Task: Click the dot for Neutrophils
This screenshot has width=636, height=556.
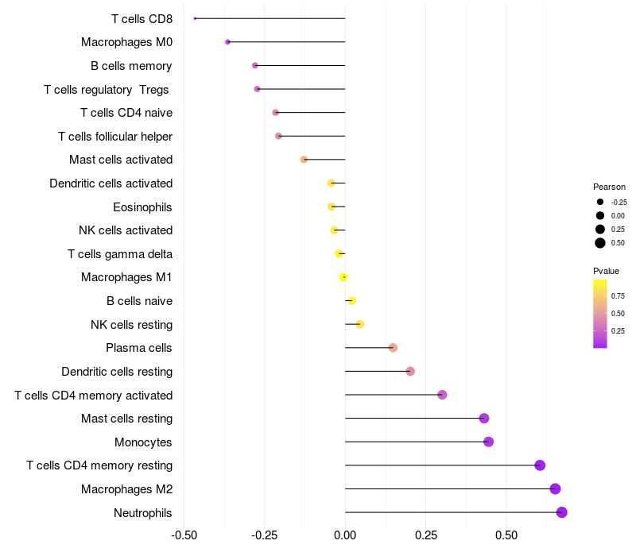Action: [x=561, y=512]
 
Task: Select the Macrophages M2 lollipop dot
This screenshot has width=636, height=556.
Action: [x=555, y=488]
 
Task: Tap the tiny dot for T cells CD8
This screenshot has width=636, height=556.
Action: [x=195, y=18]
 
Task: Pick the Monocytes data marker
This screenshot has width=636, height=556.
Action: [x=488, y=442]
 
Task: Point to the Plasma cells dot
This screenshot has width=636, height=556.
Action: [x=393, y=348]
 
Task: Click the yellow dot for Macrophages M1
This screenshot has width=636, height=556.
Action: [x=343, y=277]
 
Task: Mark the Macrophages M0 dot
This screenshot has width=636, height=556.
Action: [x=227, y=42]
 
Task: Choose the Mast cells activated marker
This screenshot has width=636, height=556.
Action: [x=304, y=160]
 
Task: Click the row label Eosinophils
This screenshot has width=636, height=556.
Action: [x=143, y=207]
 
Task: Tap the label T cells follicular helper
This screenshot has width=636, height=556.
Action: [x=115, y=137]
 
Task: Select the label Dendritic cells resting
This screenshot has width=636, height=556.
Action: [x=117, y=372]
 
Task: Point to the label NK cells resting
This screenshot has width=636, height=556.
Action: [x=132, y=325]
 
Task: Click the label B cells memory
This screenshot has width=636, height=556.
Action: [x=131, y=66]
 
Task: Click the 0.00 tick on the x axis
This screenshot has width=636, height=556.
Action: [x=345, y=535]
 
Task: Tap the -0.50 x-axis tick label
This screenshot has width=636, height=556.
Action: [x=184, y=535]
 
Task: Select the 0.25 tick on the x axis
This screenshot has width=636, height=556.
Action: [x=425, y=535]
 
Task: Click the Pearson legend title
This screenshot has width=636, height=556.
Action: [x=609, y=187]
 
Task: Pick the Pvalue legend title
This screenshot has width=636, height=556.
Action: [x=606, y=271]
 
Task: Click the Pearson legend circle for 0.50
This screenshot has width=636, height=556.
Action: [x=600, y=243]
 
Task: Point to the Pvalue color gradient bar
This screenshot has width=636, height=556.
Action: [x=600, y=313]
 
